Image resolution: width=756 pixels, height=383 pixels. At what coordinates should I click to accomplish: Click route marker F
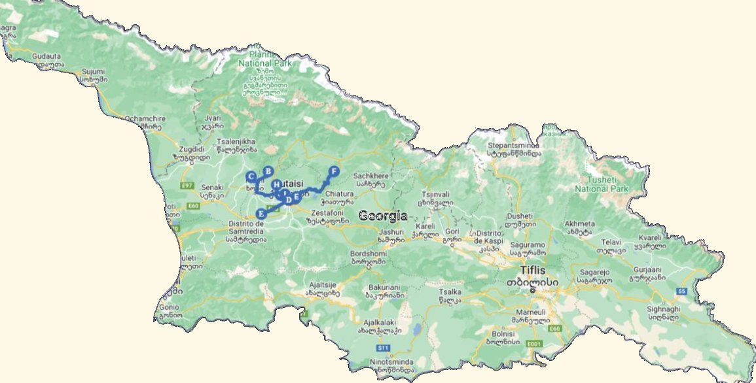334,171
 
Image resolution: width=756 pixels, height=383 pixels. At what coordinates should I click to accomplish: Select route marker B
268,171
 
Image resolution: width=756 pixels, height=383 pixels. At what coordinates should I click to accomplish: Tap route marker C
251,176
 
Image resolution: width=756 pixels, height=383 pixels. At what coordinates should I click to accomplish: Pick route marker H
277,185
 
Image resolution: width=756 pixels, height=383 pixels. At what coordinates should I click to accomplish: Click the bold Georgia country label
383,216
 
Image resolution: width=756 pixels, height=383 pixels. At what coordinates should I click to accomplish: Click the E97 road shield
188,186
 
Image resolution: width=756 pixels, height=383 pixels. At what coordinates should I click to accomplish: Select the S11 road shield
384,347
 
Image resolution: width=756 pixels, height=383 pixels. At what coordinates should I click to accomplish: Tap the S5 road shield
681,290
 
